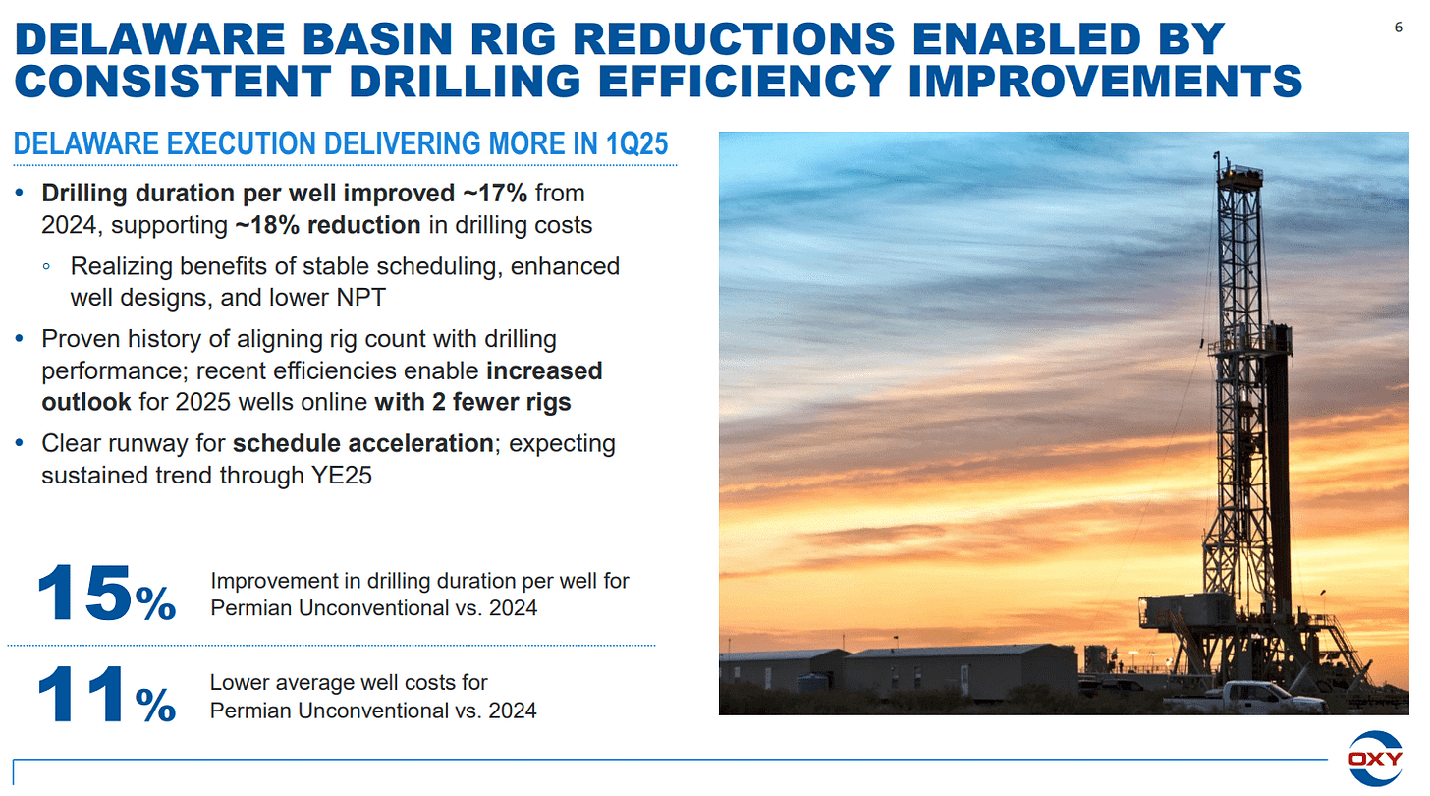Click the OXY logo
coord(1375,759)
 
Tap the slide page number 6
coord(1399,27)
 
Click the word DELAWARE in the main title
coord(150,39)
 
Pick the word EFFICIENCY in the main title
coord(743,82)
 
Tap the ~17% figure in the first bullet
coord(496,193)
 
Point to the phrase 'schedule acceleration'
coord(362,443)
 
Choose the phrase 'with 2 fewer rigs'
coord(472,403)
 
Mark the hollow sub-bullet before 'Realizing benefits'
coord(46,267)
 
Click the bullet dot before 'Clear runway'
coord(20,443)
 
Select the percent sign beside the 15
coord(155,603)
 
